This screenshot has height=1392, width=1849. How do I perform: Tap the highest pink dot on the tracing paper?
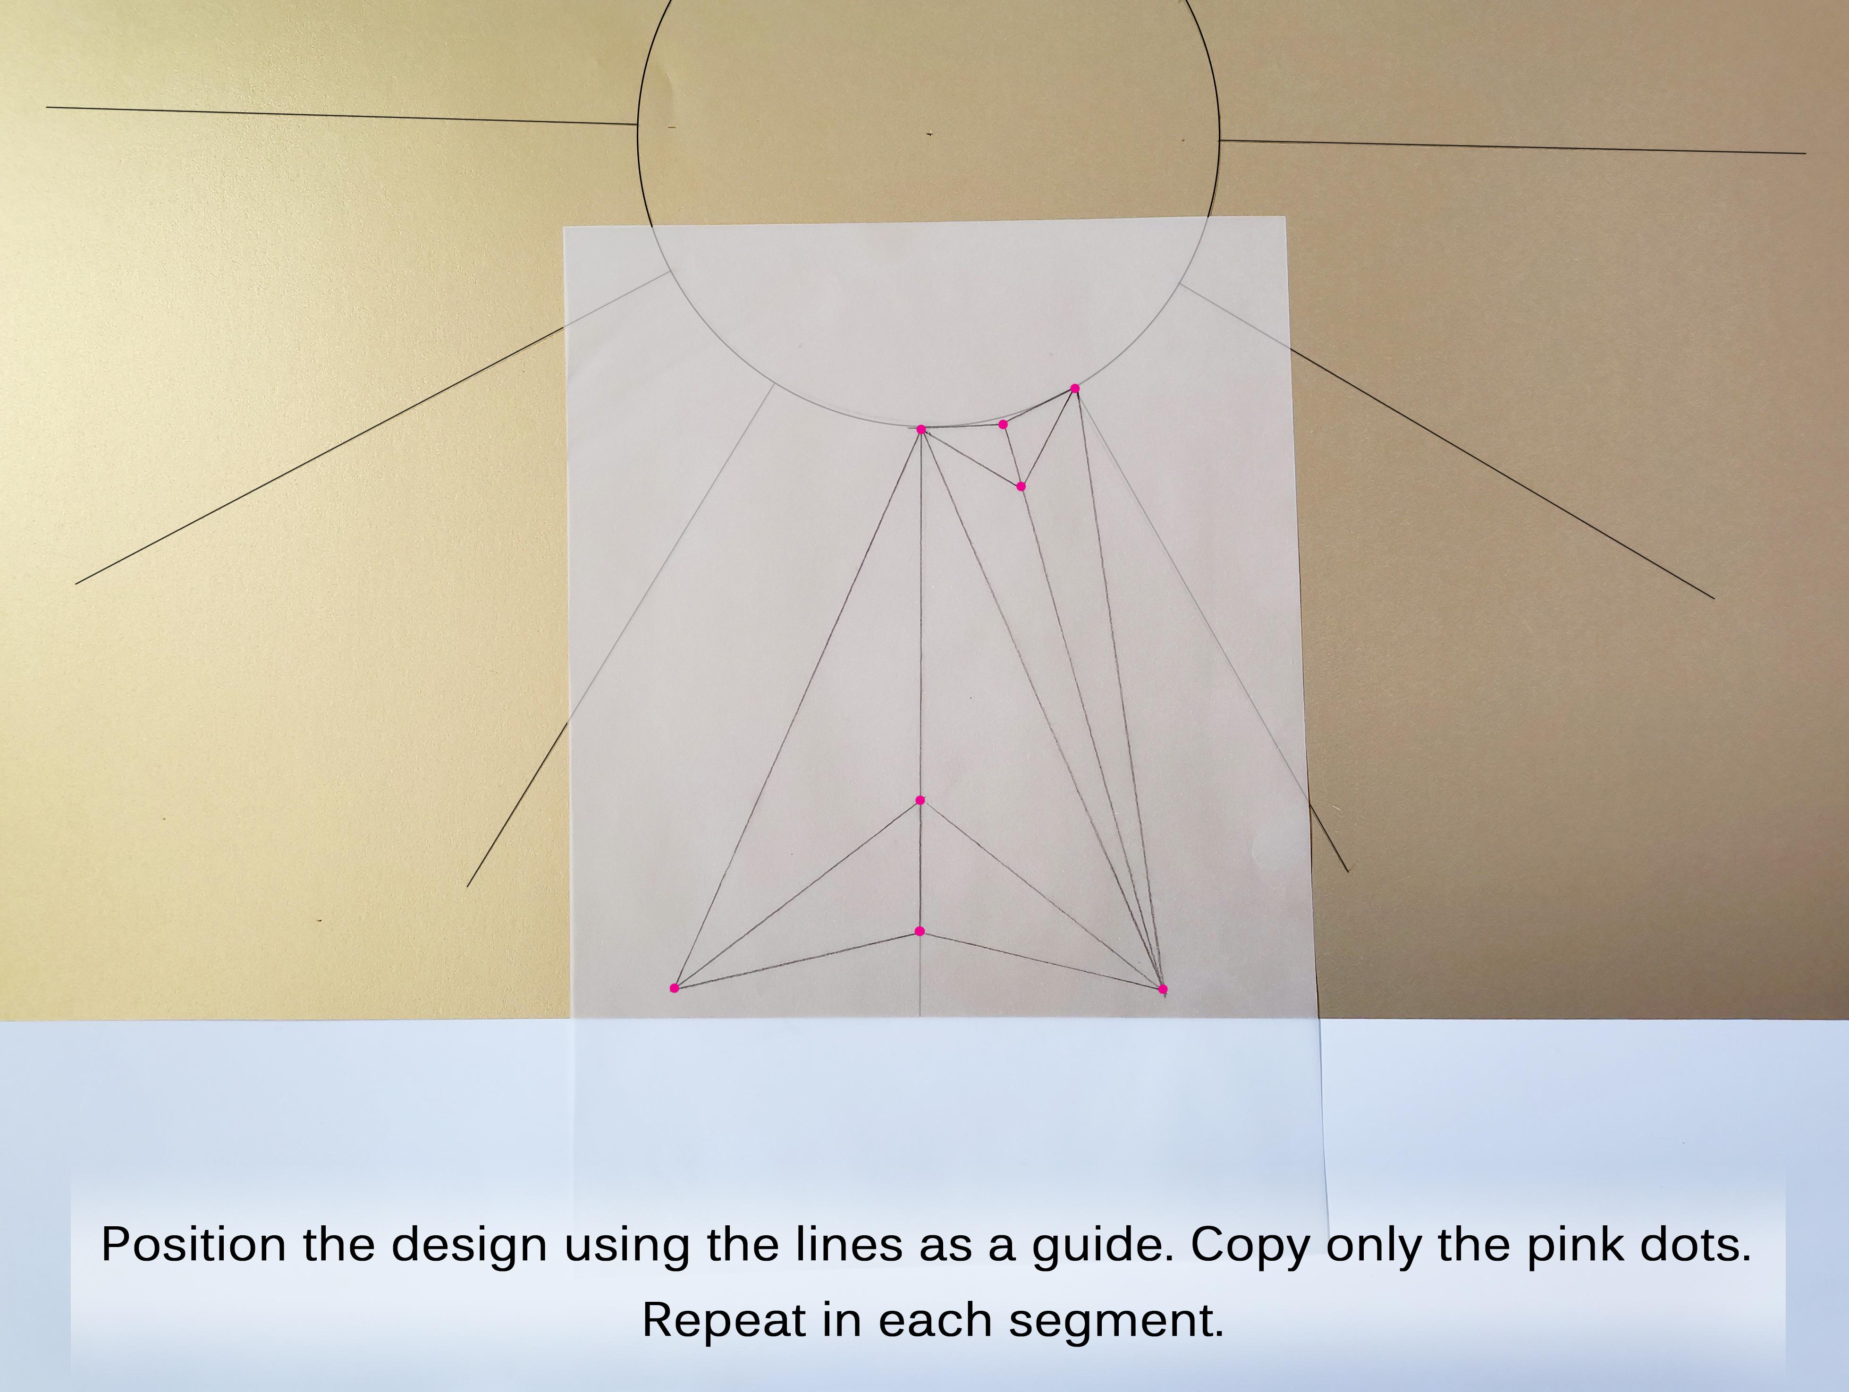pyautogui.click(x=1075, y=389)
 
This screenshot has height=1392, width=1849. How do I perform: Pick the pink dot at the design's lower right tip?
pyautogui.click(x=1163, y=989)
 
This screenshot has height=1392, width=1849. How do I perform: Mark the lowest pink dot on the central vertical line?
pyautogui.click(x=920, y=931)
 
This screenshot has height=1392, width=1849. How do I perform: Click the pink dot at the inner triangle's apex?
pyautogui.click(x=920, y=800)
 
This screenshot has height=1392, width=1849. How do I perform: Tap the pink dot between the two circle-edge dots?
pyautogui.click(x=1003, y=424)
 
